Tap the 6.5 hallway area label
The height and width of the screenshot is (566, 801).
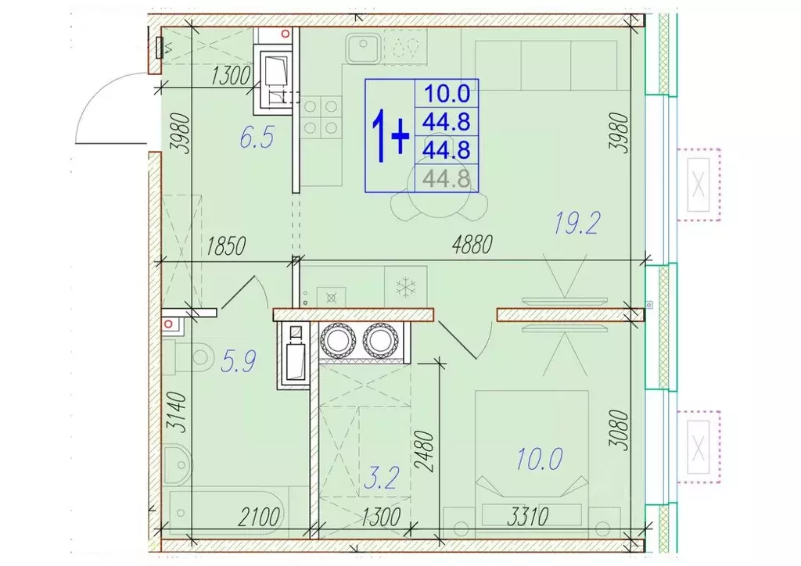coord(257,138)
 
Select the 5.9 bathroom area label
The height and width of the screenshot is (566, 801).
coord(239,361)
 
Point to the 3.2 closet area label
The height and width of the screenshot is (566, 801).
coord(382,479)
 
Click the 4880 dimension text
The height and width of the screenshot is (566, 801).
coord(472,245)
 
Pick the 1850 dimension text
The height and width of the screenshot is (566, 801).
coord(226,246)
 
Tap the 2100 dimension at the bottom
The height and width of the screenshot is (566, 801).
coord(259,518)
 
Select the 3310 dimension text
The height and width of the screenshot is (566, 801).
coord(528,517)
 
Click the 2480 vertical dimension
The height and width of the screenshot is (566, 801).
coord(425,451)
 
